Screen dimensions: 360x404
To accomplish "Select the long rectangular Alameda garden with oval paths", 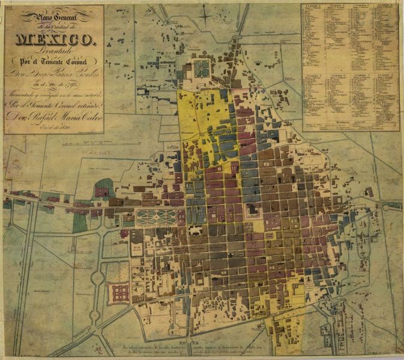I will [156, 217].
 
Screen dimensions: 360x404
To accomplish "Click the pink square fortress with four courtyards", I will [119, 293].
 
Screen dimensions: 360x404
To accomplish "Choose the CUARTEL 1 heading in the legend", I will [315, 7].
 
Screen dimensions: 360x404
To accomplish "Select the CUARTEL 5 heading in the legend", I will [315, 76].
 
